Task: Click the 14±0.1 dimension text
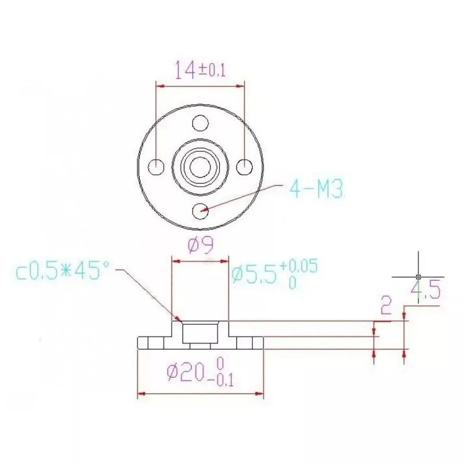(x=200, y=70)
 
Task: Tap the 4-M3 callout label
(x=317, y=189)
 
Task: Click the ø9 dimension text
(x=201, y=246)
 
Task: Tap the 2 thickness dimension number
(x=385, y=305)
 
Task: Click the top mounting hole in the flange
(x=201, y=123)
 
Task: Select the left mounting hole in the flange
(x=157, y=167)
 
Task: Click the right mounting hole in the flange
(x=244, y=167)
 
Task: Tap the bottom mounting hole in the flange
(x=201, y=210)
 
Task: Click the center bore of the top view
(x=201, y=167)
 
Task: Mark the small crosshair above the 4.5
(x=418, y=276)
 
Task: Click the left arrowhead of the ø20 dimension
(x=140, y=395)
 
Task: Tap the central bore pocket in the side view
(x=201, y=333)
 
